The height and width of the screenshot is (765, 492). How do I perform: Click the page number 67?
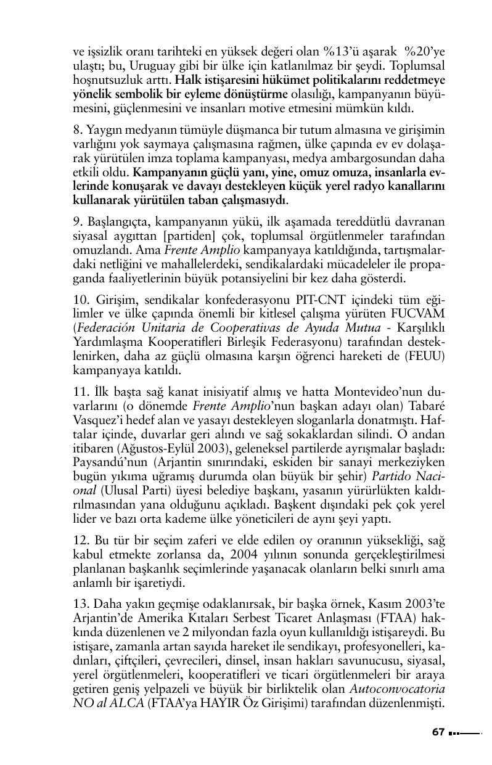[438, 732]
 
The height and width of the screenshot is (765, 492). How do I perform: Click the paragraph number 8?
[77, 131]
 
